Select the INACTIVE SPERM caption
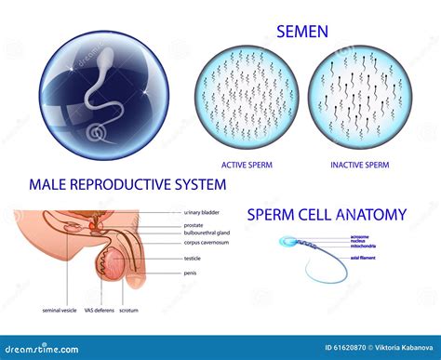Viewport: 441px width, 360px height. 360,167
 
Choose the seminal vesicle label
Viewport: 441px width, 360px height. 61,310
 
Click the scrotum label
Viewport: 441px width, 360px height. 130,310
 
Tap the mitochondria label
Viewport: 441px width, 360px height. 363,246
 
